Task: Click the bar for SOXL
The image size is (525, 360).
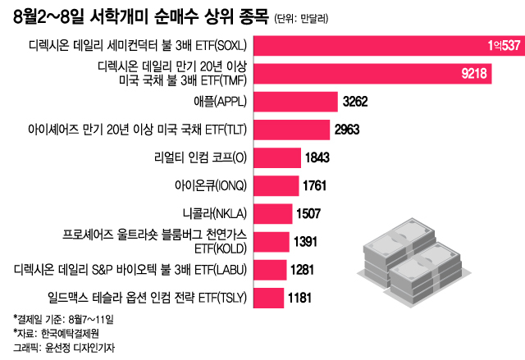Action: [386, 45]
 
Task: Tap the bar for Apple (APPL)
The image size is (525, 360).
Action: [294, 102]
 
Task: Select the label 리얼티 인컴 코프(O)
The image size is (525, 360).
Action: [200, 157]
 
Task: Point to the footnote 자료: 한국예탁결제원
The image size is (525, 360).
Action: [54, 332]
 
